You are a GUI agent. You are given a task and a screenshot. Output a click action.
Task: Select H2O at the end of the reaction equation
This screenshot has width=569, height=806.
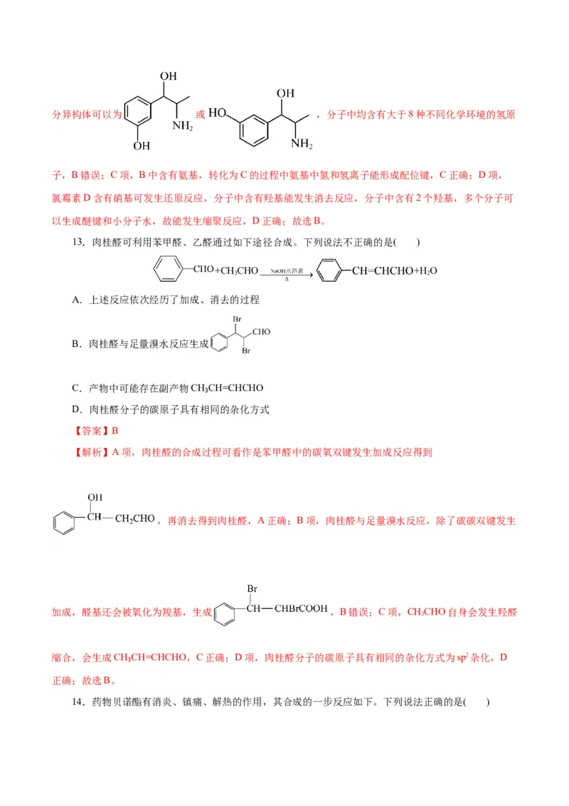(425, 271)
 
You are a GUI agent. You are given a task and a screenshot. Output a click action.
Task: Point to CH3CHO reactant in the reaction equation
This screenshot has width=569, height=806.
(230, 271)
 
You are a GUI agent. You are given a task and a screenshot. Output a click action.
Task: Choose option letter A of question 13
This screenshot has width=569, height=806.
(77, 300)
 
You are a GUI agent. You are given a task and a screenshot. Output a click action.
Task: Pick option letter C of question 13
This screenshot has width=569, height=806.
(77, 388)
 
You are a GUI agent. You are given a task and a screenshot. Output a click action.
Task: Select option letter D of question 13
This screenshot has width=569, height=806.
(77, 409)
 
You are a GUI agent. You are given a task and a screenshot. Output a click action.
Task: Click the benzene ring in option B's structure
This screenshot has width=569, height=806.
(220, 345)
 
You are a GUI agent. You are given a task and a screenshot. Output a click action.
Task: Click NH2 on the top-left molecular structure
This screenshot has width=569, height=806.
(183, 126)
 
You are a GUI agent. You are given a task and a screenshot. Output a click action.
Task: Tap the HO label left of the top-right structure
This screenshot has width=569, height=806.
(218, 112)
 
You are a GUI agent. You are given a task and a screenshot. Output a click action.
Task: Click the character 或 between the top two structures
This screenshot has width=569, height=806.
(201, 114)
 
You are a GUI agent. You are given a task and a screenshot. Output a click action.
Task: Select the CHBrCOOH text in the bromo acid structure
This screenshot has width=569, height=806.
(301, 609)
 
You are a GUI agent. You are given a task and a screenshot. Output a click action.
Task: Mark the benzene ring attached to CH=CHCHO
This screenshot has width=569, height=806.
(328, 271)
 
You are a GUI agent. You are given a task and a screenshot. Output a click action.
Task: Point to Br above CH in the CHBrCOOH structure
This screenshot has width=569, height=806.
(252, 589)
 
